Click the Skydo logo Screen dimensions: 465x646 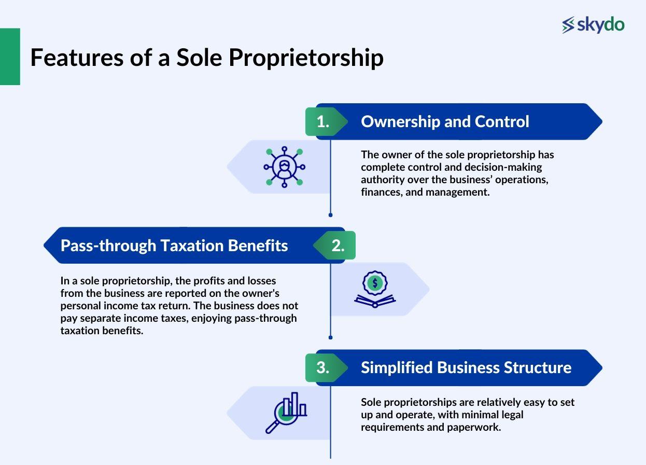point(593,24)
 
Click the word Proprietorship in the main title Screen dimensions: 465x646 point(306,58)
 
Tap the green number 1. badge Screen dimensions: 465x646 point(323,121)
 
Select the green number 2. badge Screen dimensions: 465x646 point(338,245)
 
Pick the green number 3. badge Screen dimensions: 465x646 point(323,367)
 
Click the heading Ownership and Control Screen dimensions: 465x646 point(445,121)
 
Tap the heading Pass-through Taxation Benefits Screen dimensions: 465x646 point(174,245)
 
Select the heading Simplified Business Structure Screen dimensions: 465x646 point(466,367)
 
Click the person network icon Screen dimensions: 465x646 point(284,167)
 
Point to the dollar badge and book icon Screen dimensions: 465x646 point(375,290)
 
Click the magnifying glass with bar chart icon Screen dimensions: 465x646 point(286,412)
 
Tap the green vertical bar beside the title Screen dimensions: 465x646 point(10,57)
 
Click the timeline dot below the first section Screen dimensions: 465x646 point(330,214)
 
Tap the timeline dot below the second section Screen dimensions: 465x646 point(330,337)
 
